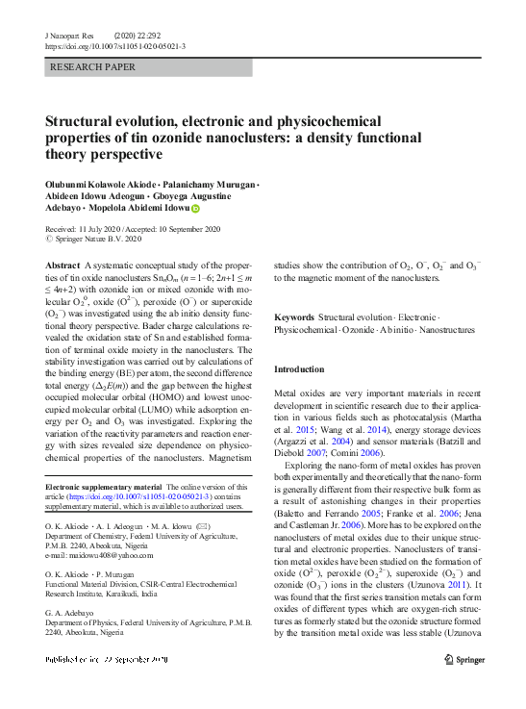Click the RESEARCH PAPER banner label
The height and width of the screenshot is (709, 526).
(x=93, y=67)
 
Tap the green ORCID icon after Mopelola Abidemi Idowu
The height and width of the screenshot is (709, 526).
(x=196, y=208)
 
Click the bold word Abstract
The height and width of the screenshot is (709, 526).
(x=63, y=265)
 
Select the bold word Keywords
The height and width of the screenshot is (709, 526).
(x=294, y=317)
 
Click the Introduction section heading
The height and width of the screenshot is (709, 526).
(x=299, y=369)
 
